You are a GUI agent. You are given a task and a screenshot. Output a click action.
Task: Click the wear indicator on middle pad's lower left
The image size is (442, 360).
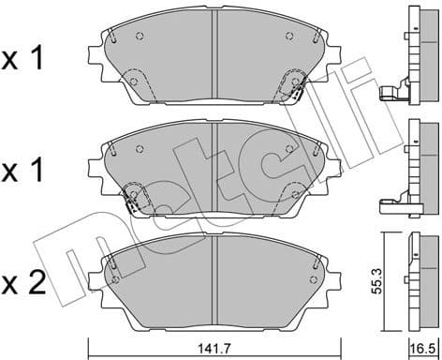tap(136, 199)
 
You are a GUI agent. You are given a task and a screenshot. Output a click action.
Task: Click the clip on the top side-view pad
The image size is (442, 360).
tap(390, 93)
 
